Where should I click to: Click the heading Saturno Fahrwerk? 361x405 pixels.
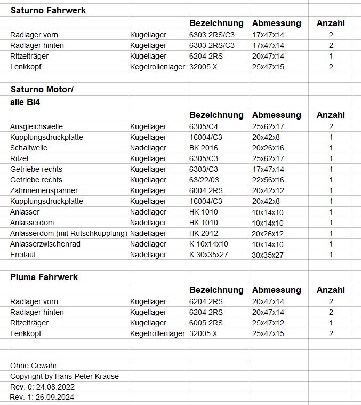pos(48,10)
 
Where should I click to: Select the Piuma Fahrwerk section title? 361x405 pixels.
pos(44,277)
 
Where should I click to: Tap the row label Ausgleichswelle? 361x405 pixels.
pos(36,126)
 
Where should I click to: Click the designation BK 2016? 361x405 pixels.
pos(204,148)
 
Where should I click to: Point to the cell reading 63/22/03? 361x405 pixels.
pos(204,180)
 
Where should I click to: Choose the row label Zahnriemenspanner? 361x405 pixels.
pos(44,190)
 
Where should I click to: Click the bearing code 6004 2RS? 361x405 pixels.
pos(206,190)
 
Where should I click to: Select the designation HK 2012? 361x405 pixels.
pos(204,233)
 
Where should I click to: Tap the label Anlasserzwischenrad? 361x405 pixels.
pos(45,244)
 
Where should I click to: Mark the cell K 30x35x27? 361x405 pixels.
pos(208,255)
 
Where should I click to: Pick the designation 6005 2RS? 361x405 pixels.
pos(206,323)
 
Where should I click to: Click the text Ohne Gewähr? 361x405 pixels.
pos(34,366)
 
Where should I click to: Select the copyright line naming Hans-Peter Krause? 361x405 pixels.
pos(65,376)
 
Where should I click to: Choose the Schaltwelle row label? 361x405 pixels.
pos(29,148)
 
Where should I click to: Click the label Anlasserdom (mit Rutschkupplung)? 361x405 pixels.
pos(69,233)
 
